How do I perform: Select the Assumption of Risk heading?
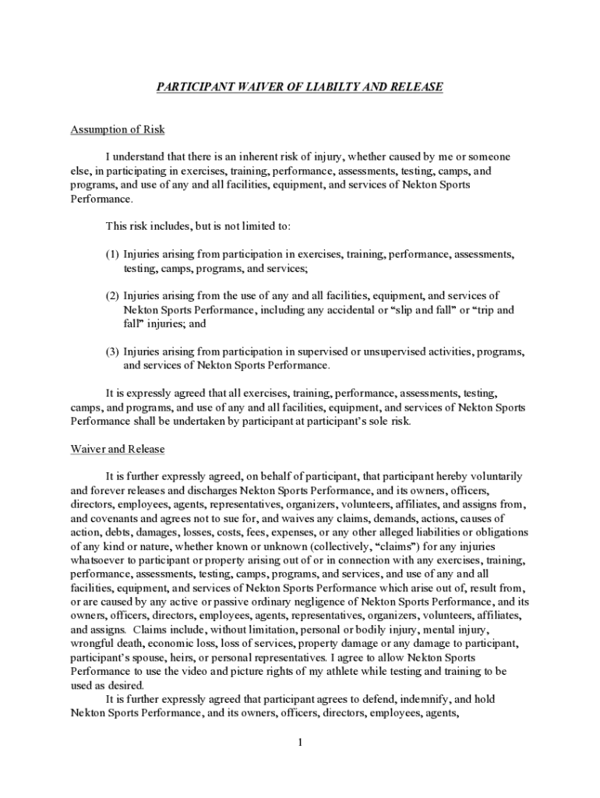(118, 129)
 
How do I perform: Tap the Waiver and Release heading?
(118, 450)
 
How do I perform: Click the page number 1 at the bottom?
(299, 743)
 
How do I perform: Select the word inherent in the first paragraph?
(258, 157)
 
